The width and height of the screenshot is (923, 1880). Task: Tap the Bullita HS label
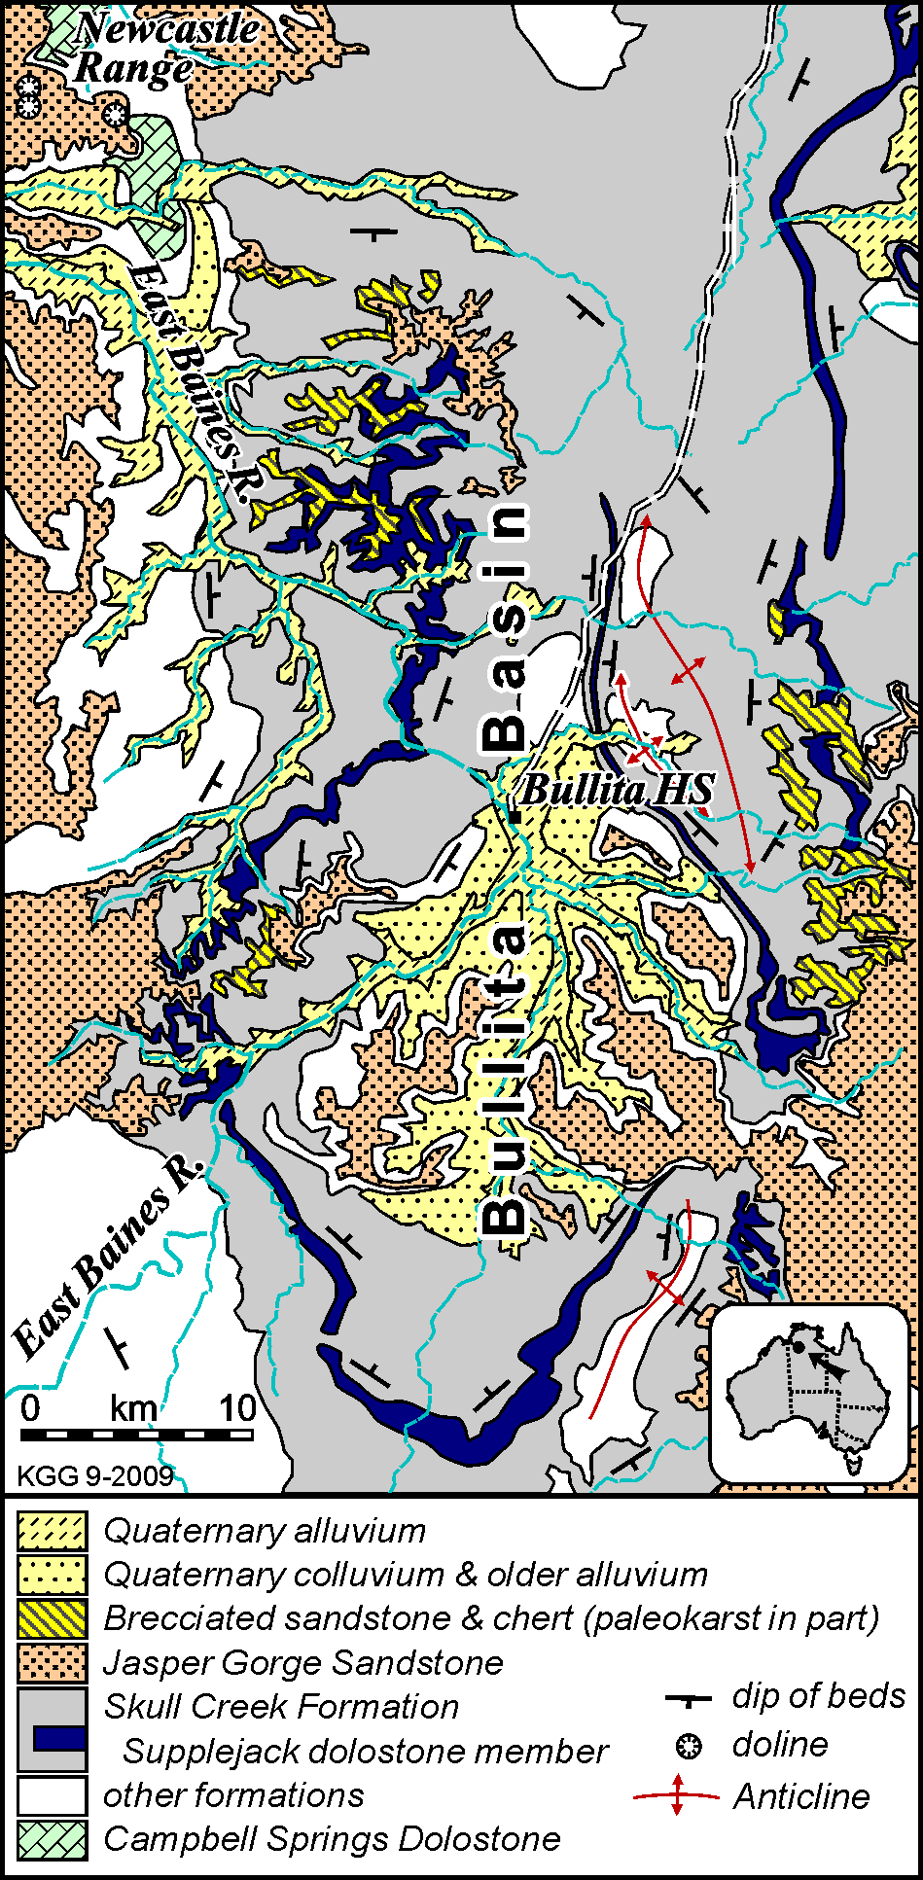click(618, 790)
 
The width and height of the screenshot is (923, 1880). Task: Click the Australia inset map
click(810, 1393)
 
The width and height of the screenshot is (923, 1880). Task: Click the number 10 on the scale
click(236, 1407)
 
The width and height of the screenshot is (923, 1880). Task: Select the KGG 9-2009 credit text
click(95, 1476)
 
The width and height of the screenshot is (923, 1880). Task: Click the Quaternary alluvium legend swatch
click(52, 1531)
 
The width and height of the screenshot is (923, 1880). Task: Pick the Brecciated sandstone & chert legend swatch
click(52, 1618)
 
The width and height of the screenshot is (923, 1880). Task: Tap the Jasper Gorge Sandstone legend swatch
click(52, 1662)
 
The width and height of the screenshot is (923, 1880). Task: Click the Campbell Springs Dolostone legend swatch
click(52, 1838)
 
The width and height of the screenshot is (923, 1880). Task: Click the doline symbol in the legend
click(689, 1746)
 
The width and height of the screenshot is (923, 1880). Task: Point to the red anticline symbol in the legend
click(677, 1795)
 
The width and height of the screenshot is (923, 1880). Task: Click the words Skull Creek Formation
click(281, 1706)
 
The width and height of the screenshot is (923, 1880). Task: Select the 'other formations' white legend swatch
click(52, 1794)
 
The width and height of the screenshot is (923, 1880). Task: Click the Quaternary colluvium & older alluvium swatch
click(52, 1575)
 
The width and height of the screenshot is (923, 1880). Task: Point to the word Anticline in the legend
click(801, 1796)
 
